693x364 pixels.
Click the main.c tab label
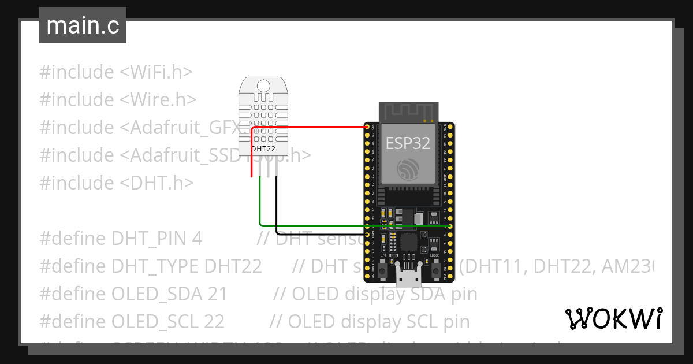click(x=83, y=26)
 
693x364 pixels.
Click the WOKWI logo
click(x=613, y=318)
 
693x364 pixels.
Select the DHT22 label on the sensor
click(x=263, y=148)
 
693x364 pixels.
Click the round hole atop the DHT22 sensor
click(x=263, y=86)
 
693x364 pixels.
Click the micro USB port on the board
click(x=409, y=276)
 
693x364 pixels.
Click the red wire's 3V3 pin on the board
click(x=367, y=126)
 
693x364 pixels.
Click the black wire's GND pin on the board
click(x=367, y=235)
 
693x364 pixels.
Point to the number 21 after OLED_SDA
click(x=218, y=294)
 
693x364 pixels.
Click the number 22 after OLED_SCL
click(x=214, y=321)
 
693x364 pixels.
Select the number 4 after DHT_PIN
click(x=198, y=239)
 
